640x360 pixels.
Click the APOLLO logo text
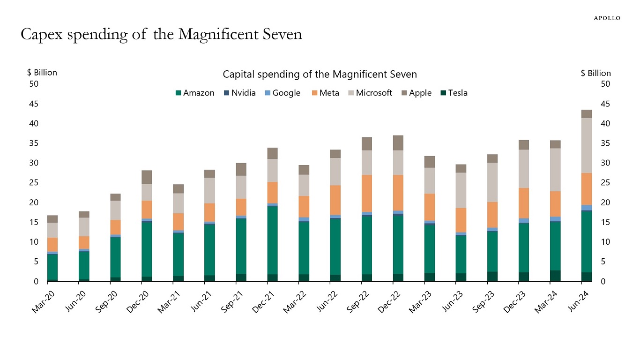coord(607,18)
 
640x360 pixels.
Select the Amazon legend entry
coord(195,93)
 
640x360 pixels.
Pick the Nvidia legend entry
coord(240,93)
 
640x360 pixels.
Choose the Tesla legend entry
coord(454,93)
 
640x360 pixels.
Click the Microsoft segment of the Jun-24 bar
coord(587,145)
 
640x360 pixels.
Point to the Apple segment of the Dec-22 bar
coord(398,143)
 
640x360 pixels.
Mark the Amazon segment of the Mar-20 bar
coord(52,267)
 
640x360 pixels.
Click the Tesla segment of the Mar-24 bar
coord(555,276)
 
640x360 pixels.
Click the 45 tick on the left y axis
coord(34,104)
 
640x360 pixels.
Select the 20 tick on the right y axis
coord(606,202)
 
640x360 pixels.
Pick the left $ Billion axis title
coord(42,73)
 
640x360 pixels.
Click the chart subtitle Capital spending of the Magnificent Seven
coord(320,75)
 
